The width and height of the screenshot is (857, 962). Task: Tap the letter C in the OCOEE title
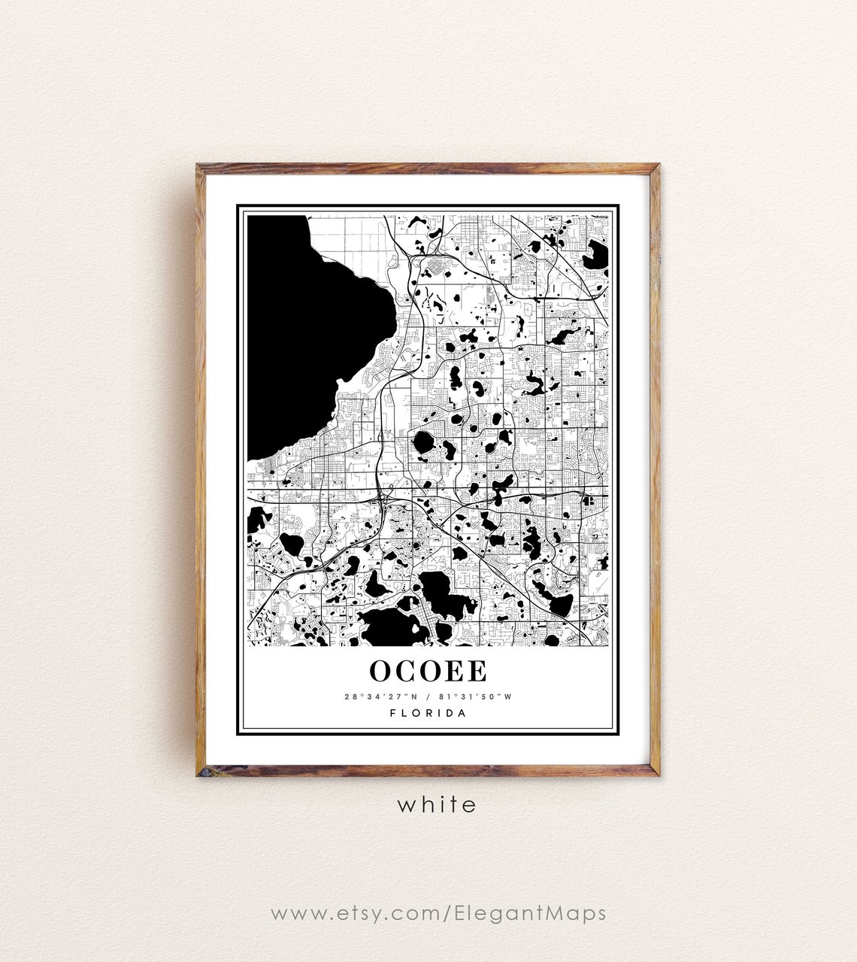[407, 671]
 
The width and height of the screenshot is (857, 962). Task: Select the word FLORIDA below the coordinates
[428, 713]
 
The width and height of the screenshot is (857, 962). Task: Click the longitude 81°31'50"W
[475, 696]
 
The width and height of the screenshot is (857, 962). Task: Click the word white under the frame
[437, 805]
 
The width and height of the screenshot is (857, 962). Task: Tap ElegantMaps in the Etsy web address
[530, 913]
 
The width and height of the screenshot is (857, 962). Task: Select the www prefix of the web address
[289, 915]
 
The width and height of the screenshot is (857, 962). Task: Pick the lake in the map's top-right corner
[598, 254]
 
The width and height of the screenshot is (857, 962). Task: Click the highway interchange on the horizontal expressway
[386, 496]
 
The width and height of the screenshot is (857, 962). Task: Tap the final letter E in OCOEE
[477, 671]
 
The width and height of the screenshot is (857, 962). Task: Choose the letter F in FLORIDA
[394, 713]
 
